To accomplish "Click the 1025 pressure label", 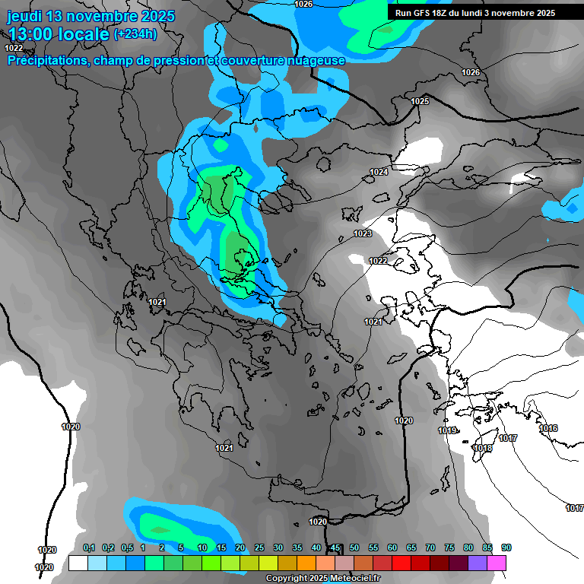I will (x=420, y=101).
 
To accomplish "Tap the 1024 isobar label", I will (x=379, y=173).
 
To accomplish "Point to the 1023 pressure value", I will (x=363, y=233).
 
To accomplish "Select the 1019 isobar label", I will (x=447, y=431).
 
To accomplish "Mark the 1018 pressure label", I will (x=482, y=449).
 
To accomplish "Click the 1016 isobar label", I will (x=548, y=429).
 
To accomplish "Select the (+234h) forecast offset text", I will (x=135, y=33).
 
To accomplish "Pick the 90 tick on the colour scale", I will (x=506, y=548).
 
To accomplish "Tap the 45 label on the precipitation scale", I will (x=335, y=548).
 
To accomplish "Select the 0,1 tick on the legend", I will (x=89, y=548).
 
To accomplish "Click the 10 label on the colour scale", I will (x=202, y=548).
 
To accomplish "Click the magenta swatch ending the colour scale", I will (x=497, y=563).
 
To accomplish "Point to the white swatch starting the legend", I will (x=78, y=563).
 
